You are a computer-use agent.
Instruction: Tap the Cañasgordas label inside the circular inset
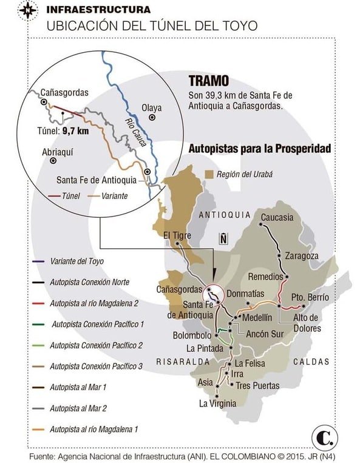64,93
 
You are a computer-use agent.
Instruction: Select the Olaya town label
152,107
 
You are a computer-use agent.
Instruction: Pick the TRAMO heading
208,81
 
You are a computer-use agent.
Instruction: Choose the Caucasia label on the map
276,217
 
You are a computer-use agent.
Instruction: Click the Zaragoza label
301,255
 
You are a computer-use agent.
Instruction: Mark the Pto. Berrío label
310,297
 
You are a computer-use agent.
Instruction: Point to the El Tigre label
177,235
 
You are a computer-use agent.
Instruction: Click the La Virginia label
217,403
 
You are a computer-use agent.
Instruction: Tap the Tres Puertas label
257,385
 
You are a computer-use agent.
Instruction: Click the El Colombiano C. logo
324,436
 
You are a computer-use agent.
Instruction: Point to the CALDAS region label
311,361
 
